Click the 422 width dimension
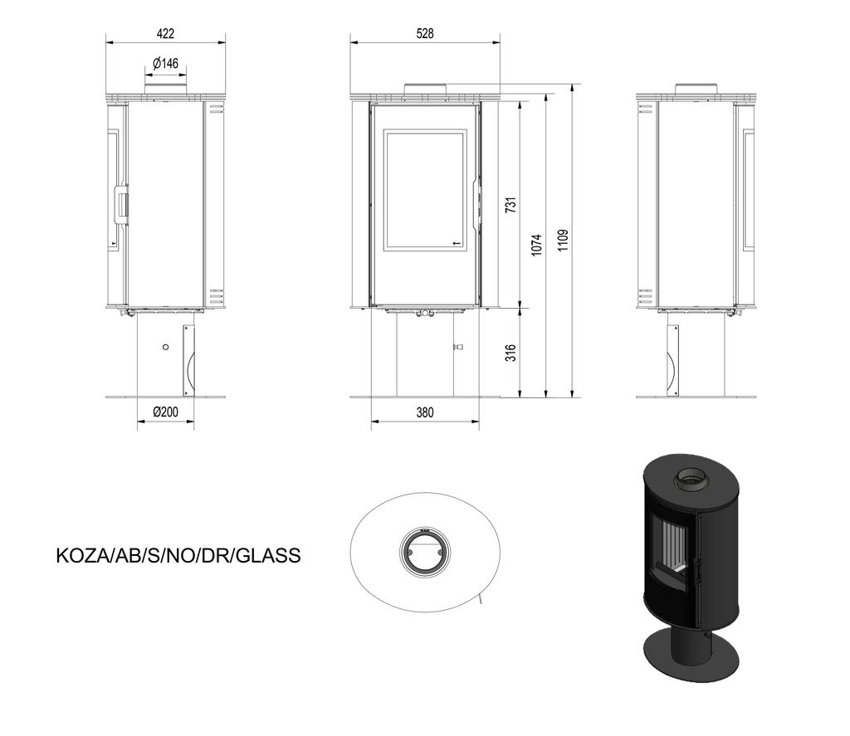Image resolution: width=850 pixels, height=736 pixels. (x=165, y=33)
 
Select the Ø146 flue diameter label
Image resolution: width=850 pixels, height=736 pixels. (x=165, y=63)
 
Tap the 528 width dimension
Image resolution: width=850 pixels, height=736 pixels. (x=425, y=33)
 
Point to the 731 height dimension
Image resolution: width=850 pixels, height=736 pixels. (x=510, y=204)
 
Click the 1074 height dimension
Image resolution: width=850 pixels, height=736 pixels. (x=536, y=245)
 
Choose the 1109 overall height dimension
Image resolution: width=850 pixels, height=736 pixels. (x=564, y=240)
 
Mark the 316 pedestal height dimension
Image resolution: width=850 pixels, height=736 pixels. (x=510, y=353)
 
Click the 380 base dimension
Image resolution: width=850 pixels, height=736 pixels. (x=425, y=412)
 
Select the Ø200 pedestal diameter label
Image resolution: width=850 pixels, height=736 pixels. (x=165, y=412)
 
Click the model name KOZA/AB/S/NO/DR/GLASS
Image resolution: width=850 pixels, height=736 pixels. (x=178, y=555)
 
